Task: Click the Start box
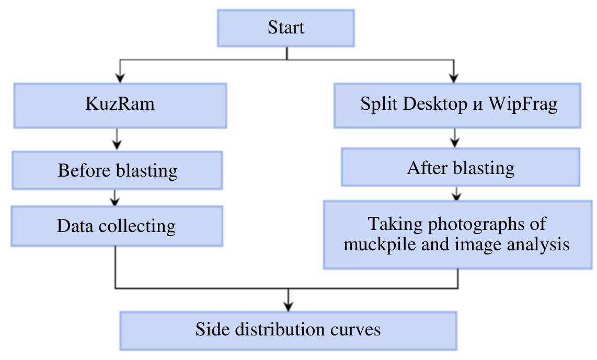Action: pos(286,28)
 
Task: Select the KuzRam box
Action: pos(120,104)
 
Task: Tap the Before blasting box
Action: pos(117,170)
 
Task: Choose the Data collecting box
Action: pos(117,226)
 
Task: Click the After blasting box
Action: pos(460,167)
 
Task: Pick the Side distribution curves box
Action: pos(288,330)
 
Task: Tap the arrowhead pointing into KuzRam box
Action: pos(120,78)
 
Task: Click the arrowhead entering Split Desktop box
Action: pos(454,78)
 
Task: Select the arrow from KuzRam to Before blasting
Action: pos(117,140)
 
